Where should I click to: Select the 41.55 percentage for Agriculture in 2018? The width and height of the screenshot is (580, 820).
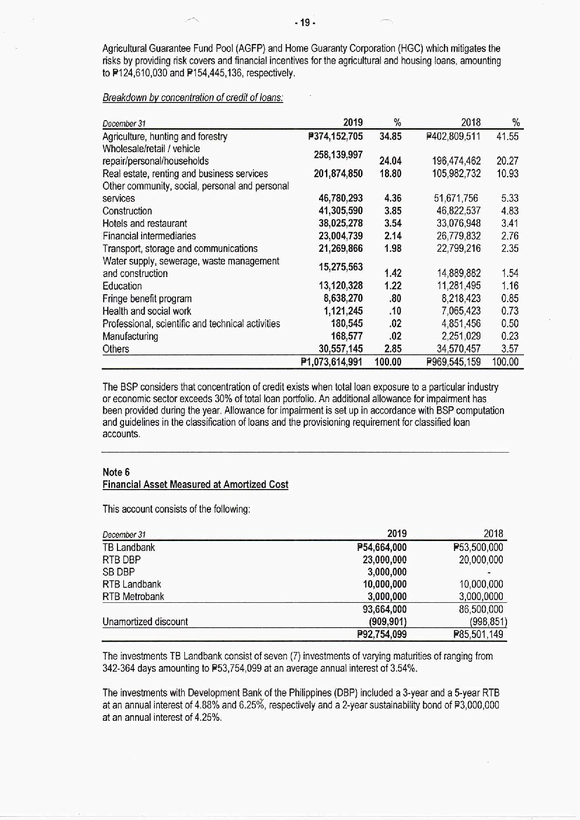(x=507, y=136)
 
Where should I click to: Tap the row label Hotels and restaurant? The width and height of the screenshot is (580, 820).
(x=145, y=223)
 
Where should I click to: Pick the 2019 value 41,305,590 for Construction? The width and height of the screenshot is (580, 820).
(x=341, y=211)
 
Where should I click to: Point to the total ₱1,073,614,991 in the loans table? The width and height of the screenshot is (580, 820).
(x=332, y=362)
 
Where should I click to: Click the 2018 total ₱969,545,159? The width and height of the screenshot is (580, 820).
(x=454, y=362)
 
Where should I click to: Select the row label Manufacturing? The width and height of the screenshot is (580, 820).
(x=130, y=336)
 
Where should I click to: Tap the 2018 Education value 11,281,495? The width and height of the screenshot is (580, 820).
(x=458, y=286)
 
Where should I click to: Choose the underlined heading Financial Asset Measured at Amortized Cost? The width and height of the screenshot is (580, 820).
(x=195, y=484)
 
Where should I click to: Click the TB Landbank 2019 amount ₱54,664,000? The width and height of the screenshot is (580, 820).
(x=382, y=547)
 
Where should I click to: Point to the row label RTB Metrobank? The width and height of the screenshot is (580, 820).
(x=133, y=596)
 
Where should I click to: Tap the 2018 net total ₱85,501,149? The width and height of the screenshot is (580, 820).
(x=478, y=634)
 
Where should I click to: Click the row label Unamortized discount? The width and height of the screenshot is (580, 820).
(x=145, y=622)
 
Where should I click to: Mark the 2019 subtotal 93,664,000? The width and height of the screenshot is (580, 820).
(x=384, y=609)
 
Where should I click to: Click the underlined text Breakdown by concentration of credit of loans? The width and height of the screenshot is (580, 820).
(x=193, y=98)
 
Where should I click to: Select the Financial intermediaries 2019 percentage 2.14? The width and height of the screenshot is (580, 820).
(x=393, y=236)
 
